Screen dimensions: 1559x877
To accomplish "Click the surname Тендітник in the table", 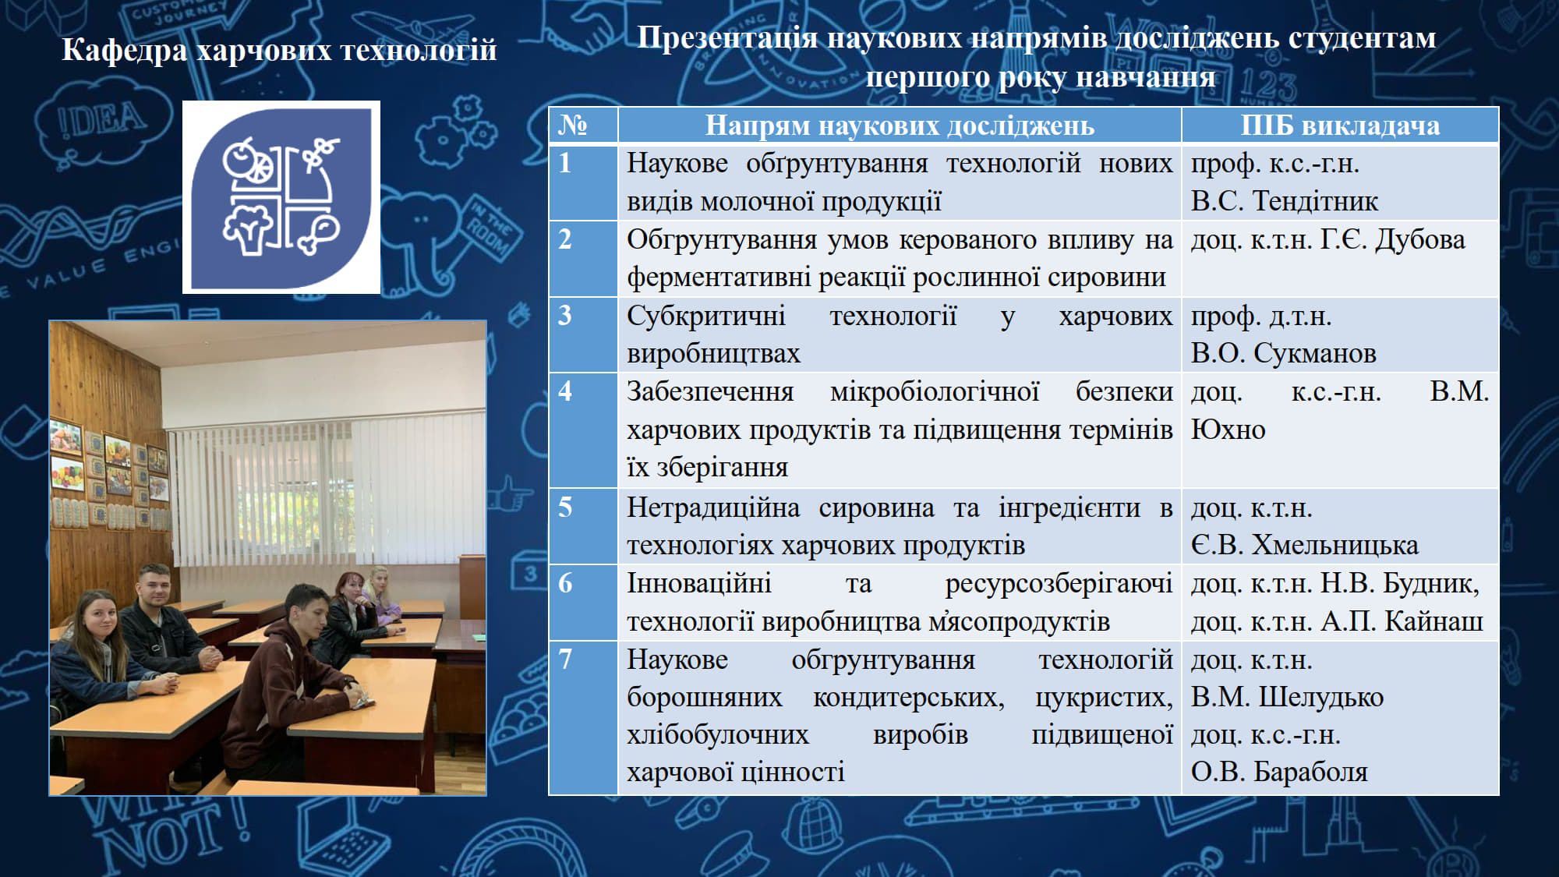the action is pos(1315,201).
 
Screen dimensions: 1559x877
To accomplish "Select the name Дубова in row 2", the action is pos(1419,239).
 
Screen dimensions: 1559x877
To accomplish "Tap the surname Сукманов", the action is pos(1314,353).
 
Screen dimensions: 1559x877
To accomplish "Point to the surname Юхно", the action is pos(1228,430).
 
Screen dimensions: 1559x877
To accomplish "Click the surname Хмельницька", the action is pos(1335,545).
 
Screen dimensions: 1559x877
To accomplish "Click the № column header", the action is pos(573,125).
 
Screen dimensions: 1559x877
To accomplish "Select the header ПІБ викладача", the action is pos(1340,125).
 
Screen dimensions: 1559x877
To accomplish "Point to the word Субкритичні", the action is pos(706,316).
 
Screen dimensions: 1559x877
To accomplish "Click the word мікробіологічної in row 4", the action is pos(935,391).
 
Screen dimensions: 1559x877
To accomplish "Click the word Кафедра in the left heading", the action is pos(125,50).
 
